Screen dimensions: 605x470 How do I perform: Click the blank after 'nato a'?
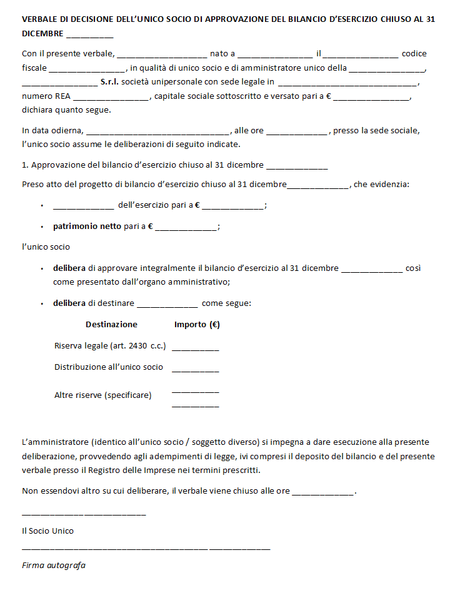click(x=275, y=54)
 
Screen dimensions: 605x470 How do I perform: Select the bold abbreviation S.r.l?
click(x=112, y=81)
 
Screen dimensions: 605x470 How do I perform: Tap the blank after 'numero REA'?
click(x=111, y=96)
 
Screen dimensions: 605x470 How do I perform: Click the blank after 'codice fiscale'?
click(x=87, y=68)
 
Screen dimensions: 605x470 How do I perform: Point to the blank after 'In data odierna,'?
click(x=157, y=131)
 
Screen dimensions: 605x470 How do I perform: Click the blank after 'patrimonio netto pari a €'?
click(x=186, y=226)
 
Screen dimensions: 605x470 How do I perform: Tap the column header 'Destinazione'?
click(x=111, y=324)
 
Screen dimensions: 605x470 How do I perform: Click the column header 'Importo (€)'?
click(x=197, y=324)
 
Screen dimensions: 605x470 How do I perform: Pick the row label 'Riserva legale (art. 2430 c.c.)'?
click(x=110, y=345)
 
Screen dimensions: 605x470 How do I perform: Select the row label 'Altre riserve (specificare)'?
click(x=103, y=395)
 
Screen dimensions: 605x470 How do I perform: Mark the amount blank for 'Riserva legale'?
click(x=195, y=347)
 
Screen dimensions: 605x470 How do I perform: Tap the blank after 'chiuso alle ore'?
click(x=323, y=491)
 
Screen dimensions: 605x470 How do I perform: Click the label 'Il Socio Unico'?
click(x=47, y=531)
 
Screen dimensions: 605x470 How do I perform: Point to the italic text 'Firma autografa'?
click(x=54, y=565)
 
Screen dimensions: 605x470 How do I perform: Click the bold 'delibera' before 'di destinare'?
click(x=69, y=303)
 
